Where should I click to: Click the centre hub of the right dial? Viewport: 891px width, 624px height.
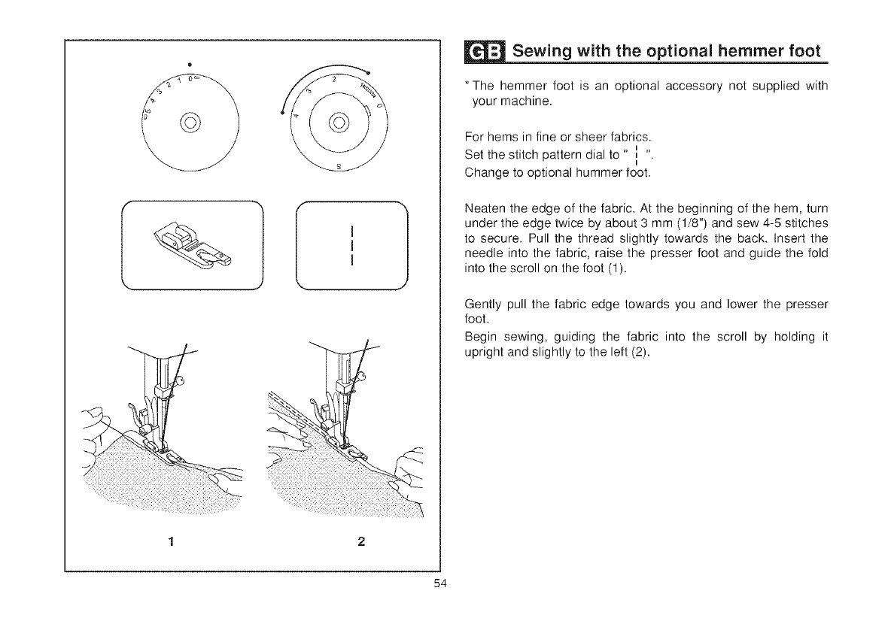point(338,121)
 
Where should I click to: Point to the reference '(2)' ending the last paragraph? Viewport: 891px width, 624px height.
point(638,354)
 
